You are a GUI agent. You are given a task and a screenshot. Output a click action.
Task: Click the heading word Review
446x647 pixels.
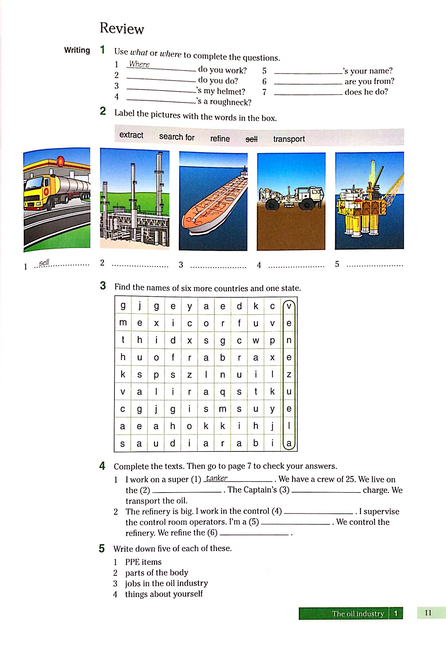(x=122, y=28)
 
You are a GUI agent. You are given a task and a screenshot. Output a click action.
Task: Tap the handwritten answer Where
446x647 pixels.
(x=139, y=64)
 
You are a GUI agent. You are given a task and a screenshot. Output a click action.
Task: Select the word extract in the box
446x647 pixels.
(x=131, y=135)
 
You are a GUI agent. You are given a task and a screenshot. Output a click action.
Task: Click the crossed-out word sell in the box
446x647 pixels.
(x=252, y=139)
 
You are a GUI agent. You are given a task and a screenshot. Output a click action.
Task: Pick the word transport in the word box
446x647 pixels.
(x=289, y=139)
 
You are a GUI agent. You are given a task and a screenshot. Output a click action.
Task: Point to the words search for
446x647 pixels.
(x=177, y=137)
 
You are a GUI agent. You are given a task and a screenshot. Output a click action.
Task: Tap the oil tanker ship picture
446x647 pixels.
(x=213, y=202)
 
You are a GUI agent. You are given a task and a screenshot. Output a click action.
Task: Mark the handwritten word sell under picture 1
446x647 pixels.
(x=44, y=263)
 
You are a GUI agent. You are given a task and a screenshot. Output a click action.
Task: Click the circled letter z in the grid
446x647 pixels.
(x=289, y=375)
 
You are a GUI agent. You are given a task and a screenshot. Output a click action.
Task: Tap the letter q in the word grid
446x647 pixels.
(x=222, y=392)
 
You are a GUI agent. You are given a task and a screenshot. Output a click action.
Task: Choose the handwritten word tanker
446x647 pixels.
(x=216, y=478)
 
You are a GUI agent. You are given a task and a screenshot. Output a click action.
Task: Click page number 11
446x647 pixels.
(x=428, y=613)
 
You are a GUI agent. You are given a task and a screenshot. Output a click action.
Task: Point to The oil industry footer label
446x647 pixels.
(x=358, y=614)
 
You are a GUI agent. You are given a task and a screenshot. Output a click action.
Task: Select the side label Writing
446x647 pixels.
(x=77, y=50)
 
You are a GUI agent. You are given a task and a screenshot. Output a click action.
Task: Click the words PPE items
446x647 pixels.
(x=143, y=562)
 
